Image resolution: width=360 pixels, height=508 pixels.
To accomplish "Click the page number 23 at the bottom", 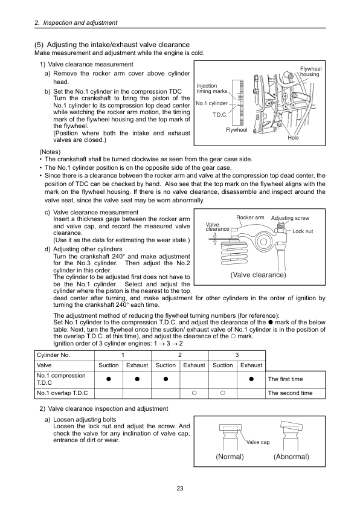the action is (180, 488).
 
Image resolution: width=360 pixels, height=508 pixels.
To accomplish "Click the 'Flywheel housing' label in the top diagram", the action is (310, 72).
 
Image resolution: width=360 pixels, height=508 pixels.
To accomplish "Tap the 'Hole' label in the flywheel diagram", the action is (293, 138).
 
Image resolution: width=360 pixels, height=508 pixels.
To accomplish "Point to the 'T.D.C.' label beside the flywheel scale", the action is (220, 115).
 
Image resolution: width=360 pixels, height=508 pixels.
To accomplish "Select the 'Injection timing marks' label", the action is (212, 88).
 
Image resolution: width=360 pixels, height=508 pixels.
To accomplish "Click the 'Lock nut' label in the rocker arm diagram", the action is (303, 231).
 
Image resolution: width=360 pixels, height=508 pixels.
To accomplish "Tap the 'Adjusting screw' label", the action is (290, 218).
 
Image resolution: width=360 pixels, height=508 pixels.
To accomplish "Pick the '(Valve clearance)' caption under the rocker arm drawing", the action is (259, 275).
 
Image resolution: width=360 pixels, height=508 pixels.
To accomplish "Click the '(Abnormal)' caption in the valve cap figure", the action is (291, 457).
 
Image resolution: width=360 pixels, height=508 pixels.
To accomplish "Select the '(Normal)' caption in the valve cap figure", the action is (230, 457).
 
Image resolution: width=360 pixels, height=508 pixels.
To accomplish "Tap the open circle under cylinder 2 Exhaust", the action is (194, 393).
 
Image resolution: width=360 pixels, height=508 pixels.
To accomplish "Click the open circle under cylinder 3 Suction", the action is (223, 393).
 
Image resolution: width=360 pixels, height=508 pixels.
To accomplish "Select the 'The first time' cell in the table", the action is (286, 379).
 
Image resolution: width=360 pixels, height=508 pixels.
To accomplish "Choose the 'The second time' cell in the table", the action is (291, 393).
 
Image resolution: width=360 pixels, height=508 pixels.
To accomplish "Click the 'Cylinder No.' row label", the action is (53, 355).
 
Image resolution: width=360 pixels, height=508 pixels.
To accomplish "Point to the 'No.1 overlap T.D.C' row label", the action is (62, 393).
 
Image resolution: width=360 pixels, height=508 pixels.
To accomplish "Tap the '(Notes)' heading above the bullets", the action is (50, 152).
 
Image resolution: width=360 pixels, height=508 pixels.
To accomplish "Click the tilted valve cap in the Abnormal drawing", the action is (292, 426).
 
